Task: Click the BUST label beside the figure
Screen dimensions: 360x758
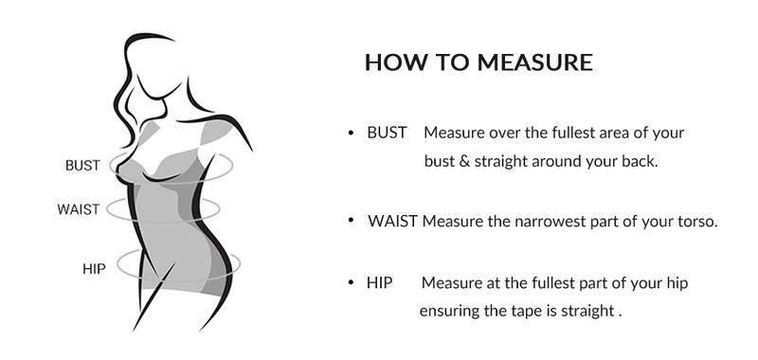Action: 82,166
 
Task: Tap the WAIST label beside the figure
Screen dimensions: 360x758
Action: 78,209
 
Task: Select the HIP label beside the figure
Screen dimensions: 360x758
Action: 93,268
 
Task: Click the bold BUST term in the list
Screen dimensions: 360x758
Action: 387,133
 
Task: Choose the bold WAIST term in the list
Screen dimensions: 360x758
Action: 393,222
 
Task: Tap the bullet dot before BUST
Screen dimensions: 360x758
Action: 351,134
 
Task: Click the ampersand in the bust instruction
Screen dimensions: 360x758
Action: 464,161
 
